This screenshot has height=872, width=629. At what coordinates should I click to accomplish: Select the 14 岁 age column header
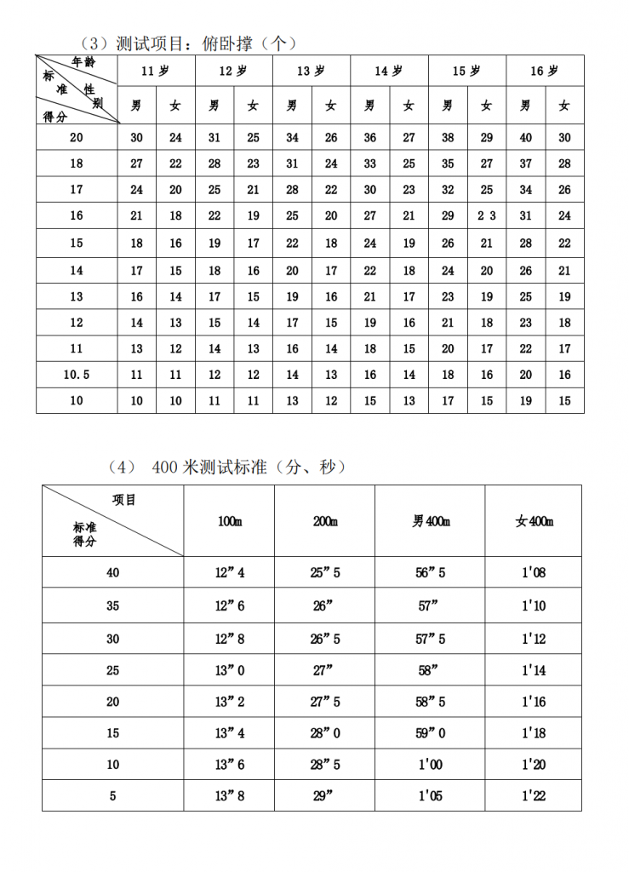point(388,72)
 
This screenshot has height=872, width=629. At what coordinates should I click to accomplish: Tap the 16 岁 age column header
point(544,72)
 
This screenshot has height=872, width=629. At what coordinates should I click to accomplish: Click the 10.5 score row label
point(77,375)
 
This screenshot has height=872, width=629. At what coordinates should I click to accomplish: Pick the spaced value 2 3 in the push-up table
point(486,216)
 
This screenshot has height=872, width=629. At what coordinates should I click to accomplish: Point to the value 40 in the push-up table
point(525,137)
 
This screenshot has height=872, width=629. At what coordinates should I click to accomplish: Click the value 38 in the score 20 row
point(448,137)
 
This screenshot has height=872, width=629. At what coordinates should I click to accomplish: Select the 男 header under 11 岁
point(136,106)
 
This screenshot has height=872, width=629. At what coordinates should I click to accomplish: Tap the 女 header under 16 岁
point(564,106)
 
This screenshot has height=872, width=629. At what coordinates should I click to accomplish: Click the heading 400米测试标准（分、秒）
point(228,468)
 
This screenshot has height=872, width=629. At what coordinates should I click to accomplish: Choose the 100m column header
point(230,522)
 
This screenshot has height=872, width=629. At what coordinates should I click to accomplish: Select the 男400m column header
point(431,522)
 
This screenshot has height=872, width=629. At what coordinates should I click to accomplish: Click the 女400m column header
point(534,522)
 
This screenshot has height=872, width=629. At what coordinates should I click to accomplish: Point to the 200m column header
point(325,522)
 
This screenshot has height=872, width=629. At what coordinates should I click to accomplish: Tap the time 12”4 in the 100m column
point(230,573)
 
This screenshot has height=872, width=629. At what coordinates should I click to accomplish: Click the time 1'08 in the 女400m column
point(534,573)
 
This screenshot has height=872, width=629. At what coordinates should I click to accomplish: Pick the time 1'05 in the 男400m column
point(431,796)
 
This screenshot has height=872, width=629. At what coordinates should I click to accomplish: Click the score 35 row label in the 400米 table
point(113,605)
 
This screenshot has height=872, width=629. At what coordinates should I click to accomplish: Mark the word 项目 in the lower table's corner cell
point(124,500)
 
